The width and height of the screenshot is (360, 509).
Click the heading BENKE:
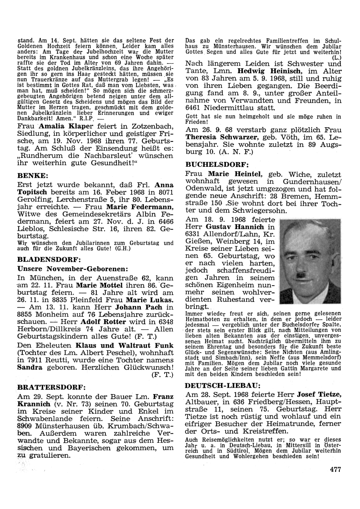click(33, 176)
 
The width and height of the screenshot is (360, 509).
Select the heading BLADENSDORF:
click(49, 259)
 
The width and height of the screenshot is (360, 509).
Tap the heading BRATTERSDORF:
click(51, 388)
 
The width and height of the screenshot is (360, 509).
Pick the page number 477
click(335, 469)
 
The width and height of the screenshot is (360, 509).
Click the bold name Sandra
click(30, 367)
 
